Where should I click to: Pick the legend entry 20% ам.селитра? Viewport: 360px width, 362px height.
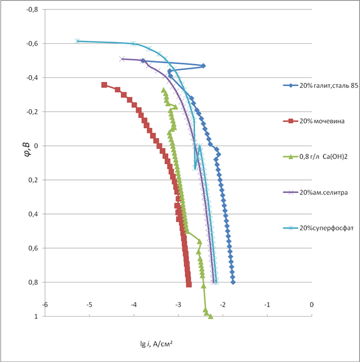(x=318, y=192)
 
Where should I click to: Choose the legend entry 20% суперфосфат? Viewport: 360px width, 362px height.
(x=320, y=228)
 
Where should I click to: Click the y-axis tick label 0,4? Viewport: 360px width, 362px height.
(x=33, y=214)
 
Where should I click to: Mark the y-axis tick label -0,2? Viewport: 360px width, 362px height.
(x=31, y=112)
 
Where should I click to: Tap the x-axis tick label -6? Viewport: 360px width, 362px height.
(x=45, y=306)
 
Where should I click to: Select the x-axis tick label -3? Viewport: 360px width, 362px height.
(x=178, y=306)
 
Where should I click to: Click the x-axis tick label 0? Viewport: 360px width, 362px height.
(x=312, y=306)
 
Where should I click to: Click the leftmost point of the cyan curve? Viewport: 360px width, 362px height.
(x=78, y=41)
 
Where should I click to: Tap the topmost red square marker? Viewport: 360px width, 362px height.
(x=104, y=85)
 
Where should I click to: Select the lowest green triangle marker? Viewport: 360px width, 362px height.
(x=210, y=317)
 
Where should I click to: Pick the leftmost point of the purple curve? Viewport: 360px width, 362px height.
(x=122, y=59)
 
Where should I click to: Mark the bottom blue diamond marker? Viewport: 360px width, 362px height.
(x=233, y=282)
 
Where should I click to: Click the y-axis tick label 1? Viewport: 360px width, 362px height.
(x=36, y=317)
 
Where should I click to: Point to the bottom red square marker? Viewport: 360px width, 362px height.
(x=189, y=285)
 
